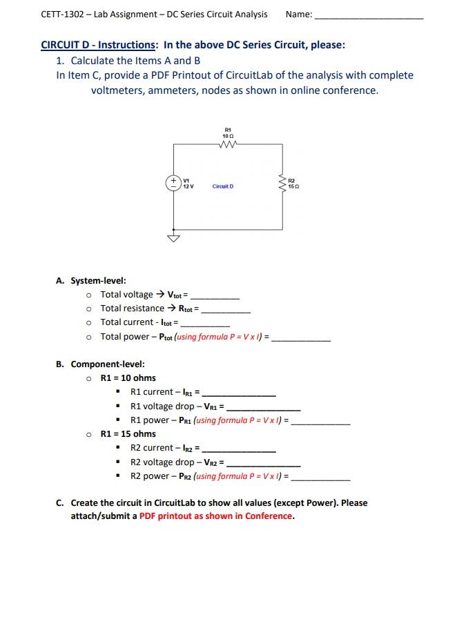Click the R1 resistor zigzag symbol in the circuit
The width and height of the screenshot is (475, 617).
pyautogui.click(x=227, y=144)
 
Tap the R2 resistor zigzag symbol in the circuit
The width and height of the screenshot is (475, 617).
pyautogui.click(x=282, y=184)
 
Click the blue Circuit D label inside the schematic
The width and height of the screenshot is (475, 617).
pyautogui.click(x=223, y=186)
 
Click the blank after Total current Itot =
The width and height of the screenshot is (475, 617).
pyautogui.click(x=205, y=324)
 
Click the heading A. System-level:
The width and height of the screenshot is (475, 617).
pyautogui.click(x=91, y=280)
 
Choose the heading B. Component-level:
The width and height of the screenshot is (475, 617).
pyautogui.click(x=100, y=364)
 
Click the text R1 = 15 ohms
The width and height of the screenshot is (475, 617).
pyautogui.click(x=128, y=433)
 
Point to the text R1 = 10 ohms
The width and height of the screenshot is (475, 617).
pyautogui.click(x=128, y=378)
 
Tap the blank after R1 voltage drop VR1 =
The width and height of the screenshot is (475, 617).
pyautogui.click(x=264, y=408)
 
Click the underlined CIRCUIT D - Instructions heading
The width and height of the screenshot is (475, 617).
pyautogui.click(x=99, y=45)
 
